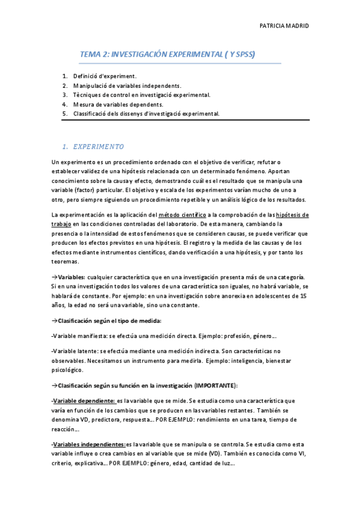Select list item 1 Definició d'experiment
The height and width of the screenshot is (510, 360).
[x=105, y=76]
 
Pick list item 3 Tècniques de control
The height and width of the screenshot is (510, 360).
[x=141, y=95]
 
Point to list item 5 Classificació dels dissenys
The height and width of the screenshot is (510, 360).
[x=146, y=113]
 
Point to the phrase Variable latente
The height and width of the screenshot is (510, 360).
[x=75, y=351]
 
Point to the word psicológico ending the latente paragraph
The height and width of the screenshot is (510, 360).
[x=69, y=369]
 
